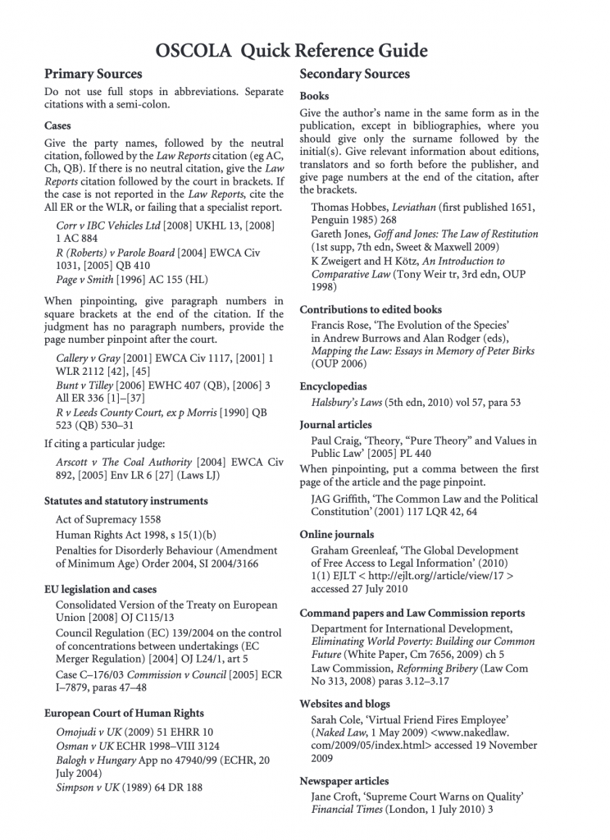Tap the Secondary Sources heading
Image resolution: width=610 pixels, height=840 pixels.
354,75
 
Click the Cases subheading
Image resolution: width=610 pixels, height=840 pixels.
57,126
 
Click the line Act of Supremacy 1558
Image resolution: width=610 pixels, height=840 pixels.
109,520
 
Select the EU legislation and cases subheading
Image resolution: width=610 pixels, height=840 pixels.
100,589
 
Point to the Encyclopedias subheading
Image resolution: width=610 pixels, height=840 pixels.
333,386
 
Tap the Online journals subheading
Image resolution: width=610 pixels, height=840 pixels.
336,534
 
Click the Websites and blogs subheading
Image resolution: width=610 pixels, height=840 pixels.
344,704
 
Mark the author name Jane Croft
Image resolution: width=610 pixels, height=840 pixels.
336,797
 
